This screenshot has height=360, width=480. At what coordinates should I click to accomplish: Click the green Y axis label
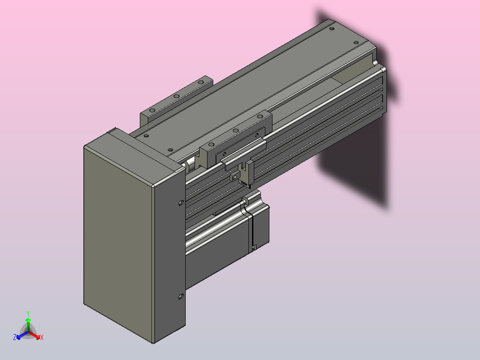pyautogui.click(x=28, y=313)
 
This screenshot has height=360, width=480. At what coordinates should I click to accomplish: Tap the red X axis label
pyautogui.click(x=42, y=337)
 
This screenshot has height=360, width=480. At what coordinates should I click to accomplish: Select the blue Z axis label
pyautogui.click(x=15, y=337)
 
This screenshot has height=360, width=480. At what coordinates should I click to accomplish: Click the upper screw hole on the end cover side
pyautogui.click(x=181, y=203)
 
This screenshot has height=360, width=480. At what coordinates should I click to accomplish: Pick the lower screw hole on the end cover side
pyautogui.click(x=181, y=297)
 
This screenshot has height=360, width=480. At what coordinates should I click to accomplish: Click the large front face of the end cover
pyautogui.click(x=118, y=242)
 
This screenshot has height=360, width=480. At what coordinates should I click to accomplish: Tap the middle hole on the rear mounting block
pyautogui.click(x=177, y=96)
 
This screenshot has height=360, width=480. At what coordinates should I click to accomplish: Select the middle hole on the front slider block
pyautogui.click(x=236, y=131)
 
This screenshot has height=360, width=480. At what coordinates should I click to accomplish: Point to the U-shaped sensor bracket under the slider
pyautogui.click(x=246, y=174)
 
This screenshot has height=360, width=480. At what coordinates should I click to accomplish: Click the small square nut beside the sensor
pyautogui.click(x=235, y=177)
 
